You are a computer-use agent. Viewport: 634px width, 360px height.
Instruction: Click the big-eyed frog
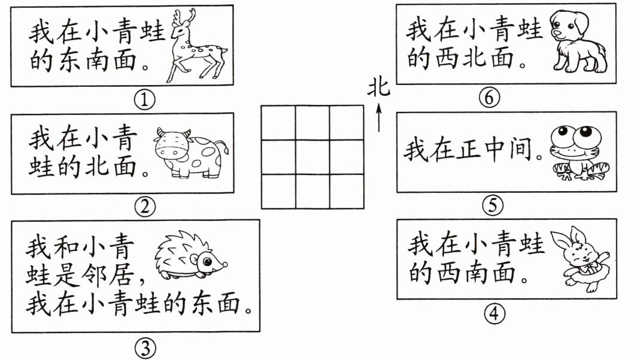[x=572, y=153]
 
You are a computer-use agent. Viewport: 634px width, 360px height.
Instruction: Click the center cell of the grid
[x=313, y=157]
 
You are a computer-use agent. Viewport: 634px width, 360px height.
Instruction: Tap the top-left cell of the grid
[x=278, y=123]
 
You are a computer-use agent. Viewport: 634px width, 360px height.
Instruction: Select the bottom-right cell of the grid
[x=347, y=191]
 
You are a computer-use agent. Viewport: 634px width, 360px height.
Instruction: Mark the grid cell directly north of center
[x=313, y=123]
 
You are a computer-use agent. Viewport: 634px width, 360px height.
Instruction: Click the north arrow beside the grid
[x=378, y=117]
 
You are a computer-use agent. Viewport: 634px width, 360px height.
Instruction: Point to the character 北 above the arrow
[x=378, y=89]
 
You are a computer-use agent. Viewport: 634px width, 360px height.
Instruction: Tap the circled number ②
[x=144, y=207]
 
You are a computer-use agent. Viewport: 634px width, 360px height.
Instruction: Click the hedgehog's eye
[x=207, y=261]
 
